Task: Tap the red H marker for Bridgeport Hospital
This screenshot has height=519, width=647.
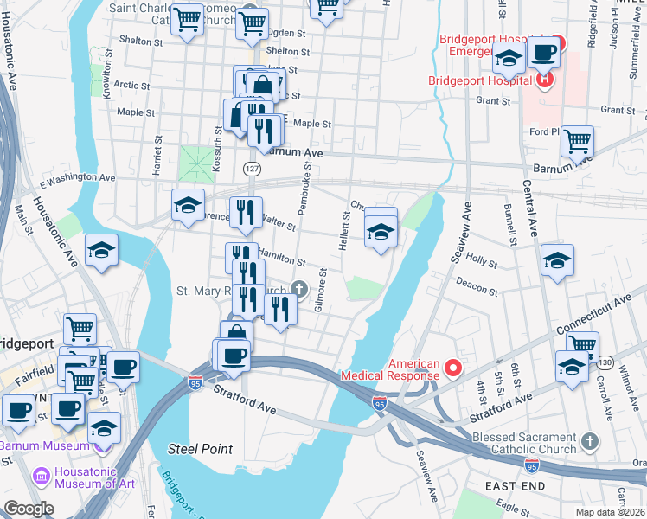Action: pyautogui.click(x=545, y=81)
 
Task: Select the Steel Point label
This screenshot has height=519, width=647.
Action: pyautogui.click(x=200, y=448)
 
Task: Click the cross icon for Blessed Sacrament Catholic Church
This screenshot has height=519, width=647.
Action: pyautogui.click(x=589, y=442)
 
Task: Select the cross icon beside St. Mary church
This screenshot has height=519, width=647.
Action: pyautogui.click(x=299, y=290)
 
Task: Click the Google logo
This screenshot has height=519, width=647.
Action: pyautogui.click(x=28, y=509)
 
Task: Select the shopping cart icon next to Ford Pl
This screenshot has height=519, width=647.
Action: pyautogui.click(x=577, y=140)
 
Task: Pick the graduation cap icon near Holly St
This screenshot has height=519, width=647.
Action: pyautogui.click(x=557, y=259)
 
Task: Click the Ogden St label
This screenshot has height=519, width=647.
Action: pyautogui.click(x=283, y=32)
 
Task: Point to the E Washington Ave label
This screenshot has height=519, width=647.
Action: pyautogui.click(x=78, y=179)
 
